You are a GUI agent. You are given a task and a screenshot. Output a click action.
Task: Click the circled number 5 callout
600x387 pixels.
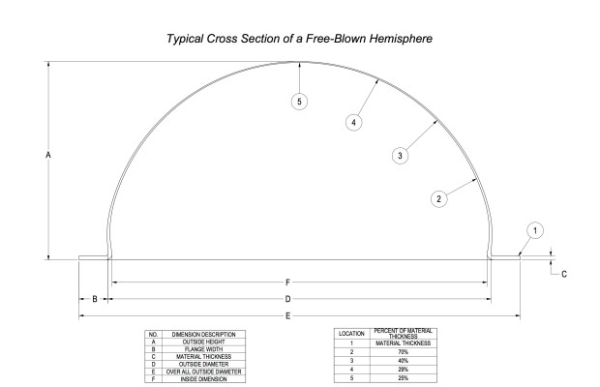pos(301,101)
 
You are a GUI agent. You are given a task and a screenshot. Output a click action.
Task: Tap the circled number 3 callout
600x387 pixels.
pos(401,155)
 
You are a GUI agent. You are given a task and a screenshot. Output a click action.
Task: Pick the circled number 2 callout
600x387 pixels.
pos(438,198)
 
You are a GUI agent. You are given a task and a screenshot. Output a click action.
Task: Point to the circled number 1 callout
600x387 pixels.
pos(537,230)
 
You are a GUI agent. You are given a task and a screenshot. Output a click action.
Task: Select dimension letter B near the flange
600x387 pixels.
pos(94,299)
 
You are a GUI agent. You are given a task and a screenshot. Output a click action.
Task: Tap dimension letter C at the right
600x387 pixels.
pos(564,274)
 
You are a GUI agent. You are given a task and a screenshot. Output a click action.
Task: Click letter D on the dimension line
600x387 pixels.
pos(287,299)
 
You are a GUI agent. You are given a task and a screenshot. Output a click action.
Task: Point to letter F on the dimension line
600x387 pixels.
pos(287,282)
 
